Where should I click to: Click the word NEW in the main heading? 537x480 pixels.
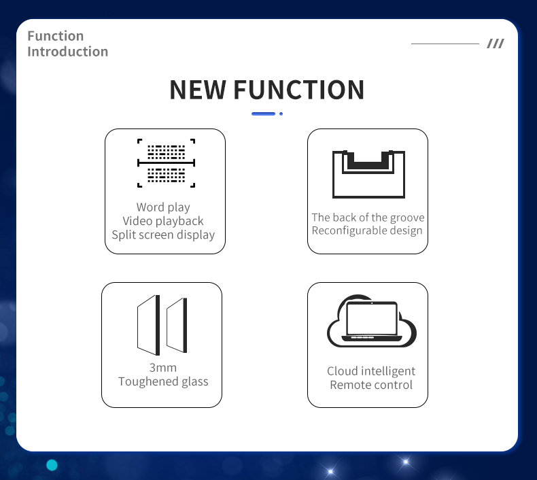click(198, 90)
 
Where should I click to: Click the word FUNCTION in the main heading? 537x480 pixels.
click(299, 90)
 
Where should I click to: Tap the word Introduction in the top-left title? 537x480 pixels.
click(68, 52)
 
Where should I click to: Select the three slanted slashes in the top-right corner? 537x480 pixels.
click(496, 44)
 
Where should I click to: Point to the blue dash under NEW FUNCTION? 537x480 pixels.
click(263, 114)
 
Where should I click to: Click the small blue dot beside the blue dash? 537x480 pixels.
click(281, 114)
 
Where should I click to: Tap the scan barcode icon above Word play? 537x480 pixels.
click(166, 163)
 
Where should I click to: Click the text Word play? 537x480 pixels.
click(163, 207)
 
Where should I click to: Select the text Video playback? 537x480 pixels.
click(163, 221)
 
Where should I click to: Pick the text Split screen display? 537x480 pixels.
click(163, 235)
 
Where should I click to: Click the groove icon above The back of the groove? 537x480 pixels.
click(368, 174)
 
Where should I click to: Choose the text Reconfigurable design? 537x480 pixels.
click(367, 230)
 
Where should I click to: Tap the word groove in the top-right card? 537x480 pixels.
click(407, 218)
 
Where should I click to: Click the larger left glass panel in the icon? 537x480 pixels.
click(148, 325)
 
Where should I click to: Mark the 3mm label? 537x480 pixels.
click(163, 368)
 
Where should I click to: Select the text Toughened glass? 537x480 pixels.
click(163, 381)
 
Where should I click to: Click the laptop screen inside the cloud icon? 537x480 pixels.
click(372, 318)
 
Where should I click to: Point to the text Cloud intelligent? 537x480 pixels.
click(371, 371)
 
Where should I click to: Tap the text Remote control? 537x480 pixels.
click(371, 385)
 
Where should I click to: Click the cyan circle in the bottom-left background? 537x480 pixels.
click(52, 465)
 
